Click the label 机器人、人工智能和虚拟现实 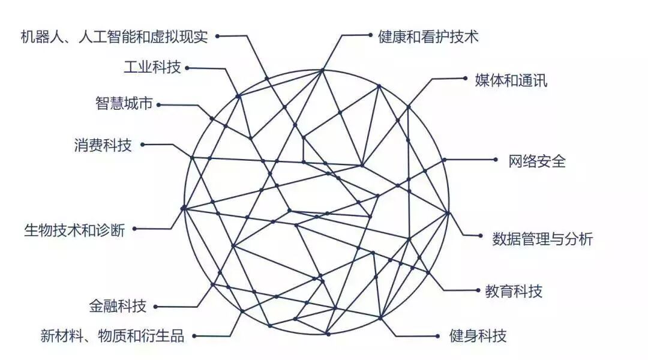coord(114,37)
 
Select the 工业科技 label coord(152,67)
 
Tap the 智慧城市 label coord(123,104)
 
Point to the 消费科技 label coord(103,145)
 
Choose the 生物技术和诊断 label coord(74,229)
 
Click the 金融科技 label coord(118,307)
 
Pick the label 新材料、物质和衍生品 coord(112,335)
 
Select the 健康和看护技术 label coord(428,37)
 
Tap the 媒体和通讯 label coord(511,80)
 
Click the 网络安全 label coord(537,161)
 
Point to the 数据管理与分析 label coord(542,239)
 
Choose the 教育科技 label coord(514,292)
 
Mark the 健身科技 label coord(478,335)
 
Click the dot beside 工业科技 coord(187,68)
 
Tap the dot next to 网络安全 coord(496,160)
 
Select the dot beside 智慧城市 coord(158,104)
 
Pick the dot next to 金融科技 coord(155,307)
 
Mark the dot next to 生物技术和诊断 coord(134,229)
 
